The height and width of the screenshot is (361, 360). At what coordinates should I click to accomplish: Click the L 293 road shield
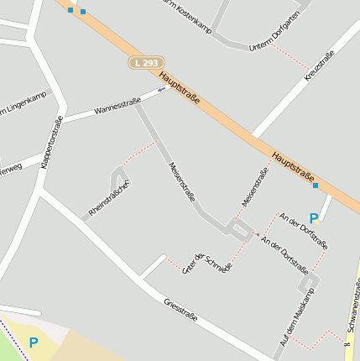click(146, 63)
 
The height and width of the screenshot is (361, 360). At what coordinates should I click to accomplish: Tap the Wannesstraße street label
click(117, 106)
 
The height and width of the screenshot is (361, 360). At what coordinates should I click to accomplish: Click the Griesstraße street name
click(180, 309)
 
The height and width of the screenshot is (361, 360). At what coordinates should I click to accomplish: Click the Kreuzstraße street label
click(320, 65)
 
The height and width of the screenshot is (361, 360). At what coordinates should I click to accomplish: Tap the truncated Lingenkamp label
click(22, 105)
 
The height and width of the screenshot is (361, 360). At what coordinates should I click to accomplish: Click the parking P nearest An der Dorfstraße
click(314, 217)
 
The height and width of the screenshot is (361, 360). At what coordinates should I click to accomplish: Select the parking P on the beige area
click(34, 343)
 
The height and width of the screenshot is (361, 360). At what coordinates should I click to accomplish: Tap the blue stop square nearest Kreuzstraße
click(315, 186)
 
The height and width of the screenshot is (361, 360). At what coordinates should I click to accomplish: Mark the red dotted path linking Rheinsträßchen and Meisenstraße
click(139, 154)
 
